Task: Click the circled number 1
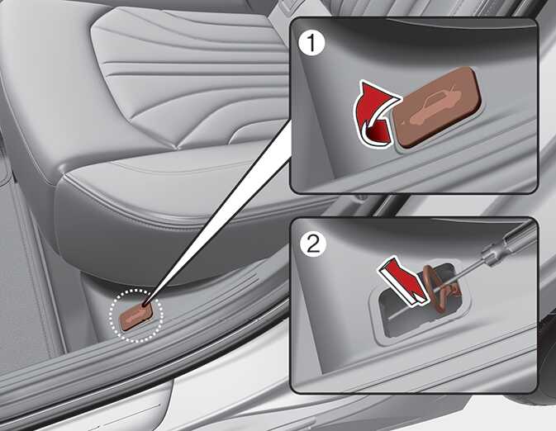(x=311, y=44)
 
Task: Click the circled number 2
(x=313, y=244)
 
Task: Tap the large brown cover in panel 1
(x=437, y=107)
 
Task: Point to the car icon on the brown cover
(x=435, y=107)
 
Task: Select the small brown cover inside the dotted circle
(x=136, y=315)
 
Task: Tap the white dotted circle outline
(x=110, y=315)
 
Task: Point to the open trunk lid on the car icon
(x=454, y=90)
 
